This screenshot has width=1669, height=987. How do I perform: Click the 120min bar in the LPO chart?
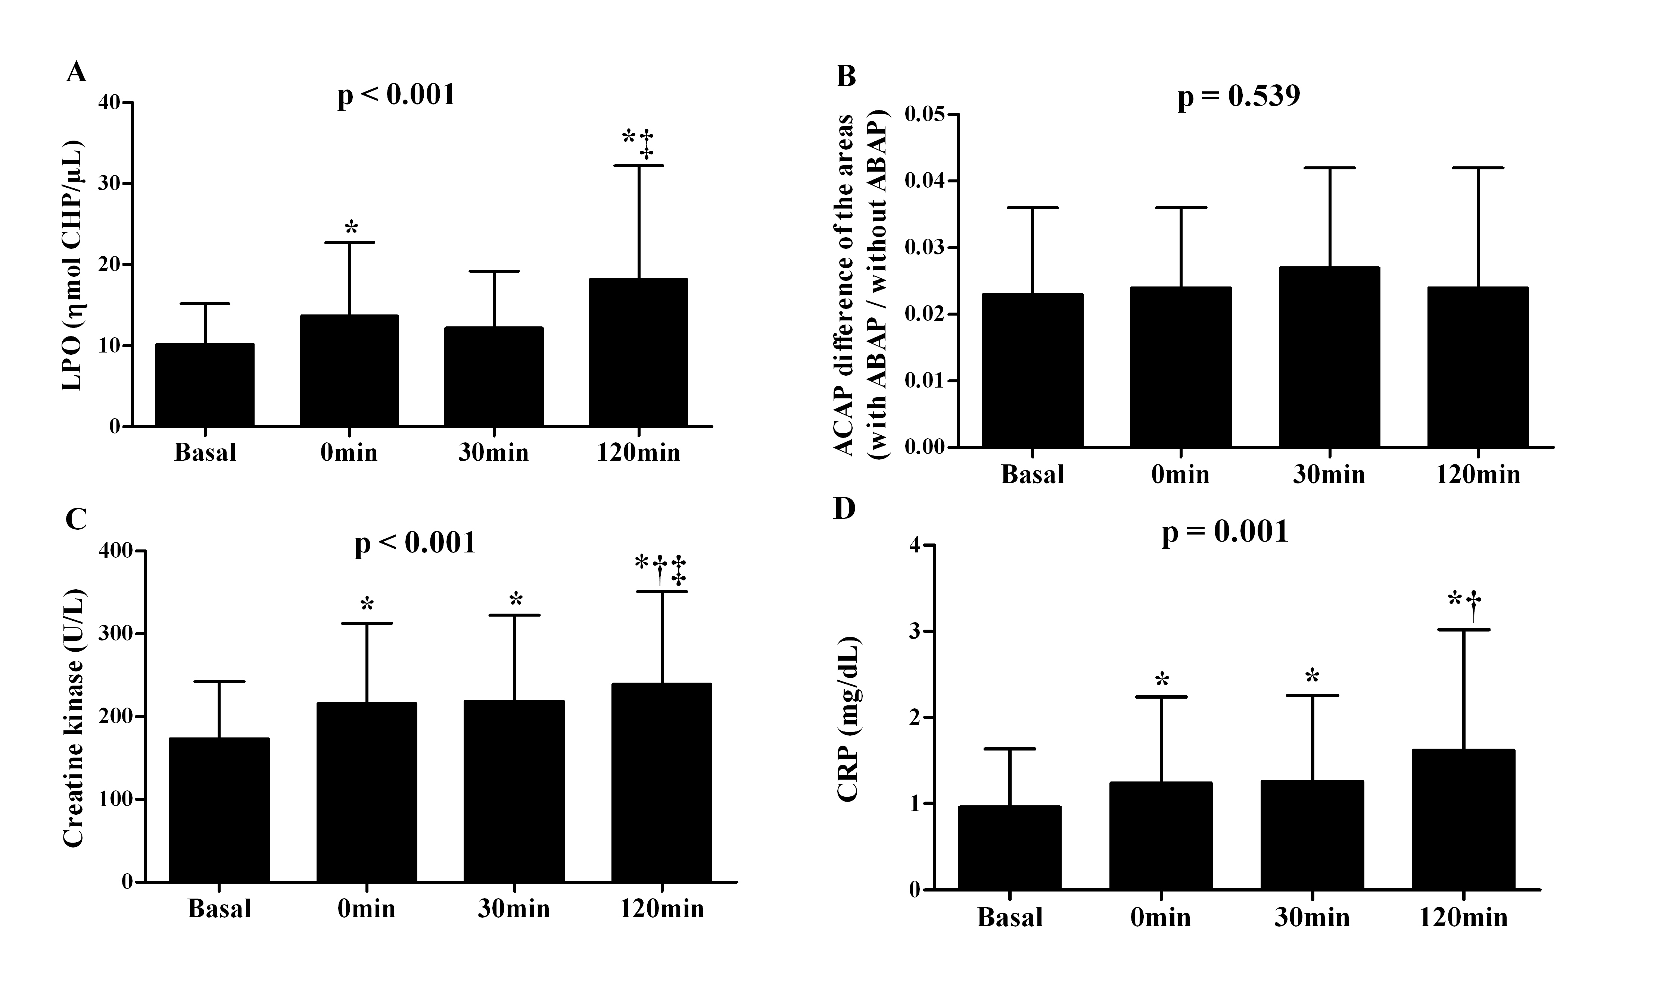coord(638,352)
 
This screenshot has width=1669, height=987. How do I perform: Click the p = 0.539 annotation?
coord(1239,97)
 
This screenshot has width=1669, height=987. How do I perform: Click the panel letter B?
coord(845,76)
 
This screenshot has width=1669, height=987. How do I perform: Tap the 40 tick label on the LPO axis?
coord(110,103)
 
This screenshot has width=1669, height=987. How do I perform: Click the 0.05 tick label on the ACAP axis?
coord(925,115)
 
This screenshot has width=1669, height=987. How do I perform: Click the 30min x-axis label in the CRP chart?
coord(1312,918)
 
